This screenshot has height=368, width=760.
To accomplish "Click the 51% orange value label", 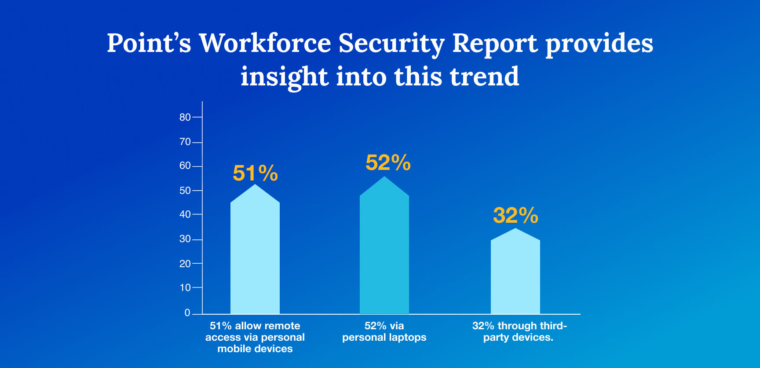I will coord(255,173).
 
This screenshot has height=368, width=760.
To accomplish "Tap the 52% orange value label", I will coord(388,163).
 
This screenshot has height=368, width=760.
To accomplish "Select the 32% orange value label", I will coord(515,216).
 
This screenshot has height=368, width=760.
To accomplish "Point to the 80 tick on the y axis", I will coord(185,117).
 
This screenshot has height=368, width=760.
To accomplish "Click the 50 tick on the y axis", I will coord(185,191).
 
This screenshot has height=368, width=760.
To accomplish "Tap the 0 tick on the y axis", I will coord(187,313).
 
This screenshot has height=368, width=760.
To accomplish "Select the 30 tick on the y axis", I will coord(185,239).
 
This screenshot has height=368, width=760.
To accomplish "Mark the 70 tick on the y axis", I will coord(185,142).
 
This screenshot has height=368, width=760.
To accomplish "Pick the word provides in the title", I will coord(599,44).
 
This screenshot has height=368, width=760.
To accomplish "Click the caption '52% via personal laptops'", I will coord(384,331).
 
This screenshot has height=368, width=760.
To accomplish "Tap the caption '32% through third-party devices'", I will coord(519,331).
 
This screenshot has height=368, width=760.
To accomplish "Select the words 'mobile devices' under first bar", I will coord(255,349).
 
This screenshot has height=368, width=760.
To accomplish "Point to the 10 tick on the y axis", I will coord(185,288).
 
